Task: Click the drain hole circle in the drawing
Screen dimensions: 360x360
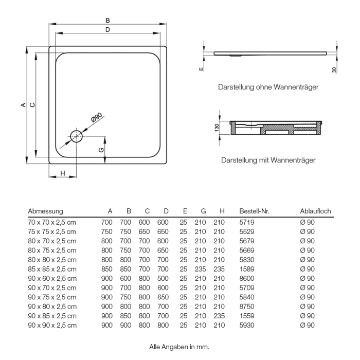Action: point(76,136)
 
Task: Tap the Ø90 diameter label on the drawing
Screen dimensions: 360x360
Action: point(96,117)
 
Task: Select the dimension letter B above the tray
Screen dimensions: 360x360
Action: point(107,20)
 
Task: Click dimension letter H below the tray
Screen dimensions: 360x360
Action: point(62,173)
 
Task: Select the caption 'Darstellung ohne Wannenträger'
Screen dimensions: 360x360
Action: point(267,87)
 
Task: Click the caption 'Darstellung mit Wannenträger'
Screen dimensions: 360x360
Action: point(268,160)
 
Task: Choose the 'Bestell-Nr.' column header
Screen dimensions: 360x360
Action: point(255,211)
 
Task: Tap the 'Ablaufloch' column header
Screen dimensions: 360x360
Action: point(315,211)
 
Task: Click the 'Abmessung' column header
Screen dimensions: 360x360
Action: point(45,211)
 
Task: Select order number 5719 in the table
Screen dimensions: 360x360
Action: point(247,222)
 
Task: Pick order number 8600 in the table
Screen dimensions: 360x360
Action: point(247,278)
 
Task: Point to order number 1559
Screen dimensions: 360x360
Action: point(247,315)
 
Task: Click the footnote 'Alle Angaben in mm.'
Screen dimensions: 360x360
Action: point(179,347)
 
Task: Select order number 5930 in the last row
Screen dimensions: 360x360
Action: point(247,325)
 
